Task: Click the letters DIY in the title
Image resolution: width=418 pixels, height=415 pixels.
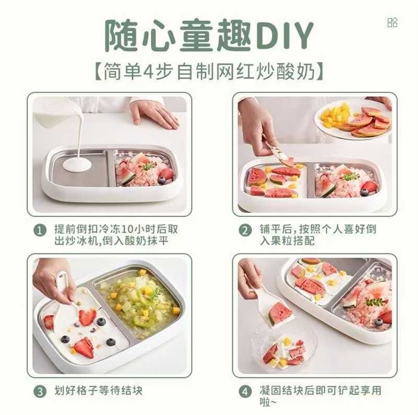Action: (283, 36)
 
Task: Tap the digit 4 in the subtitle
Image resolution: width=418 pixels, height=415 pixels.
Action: (147, 72)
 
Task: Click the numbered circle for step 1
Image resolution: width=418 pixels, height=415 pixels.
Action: (40, 231)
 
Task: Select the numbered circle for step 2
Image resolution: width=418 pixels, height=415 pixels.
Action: (245, 231)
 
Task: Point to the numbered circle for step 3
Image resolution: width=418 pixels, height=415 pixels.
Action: (40, 392)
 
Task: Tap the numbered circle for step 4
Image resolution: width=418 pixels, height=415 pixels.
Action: (245, 392)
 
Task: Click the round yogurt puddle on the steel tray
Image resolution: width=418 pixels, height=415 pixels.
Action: (77, 165)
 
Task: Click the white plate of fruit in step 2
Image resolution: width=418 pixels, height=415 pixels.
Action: (352, 120)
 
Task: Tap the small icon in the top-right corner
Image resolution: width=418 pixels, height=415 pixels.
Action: (392, 23)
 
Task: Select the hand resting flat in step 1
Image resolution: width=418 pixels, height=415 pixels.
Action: (154, 114)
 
